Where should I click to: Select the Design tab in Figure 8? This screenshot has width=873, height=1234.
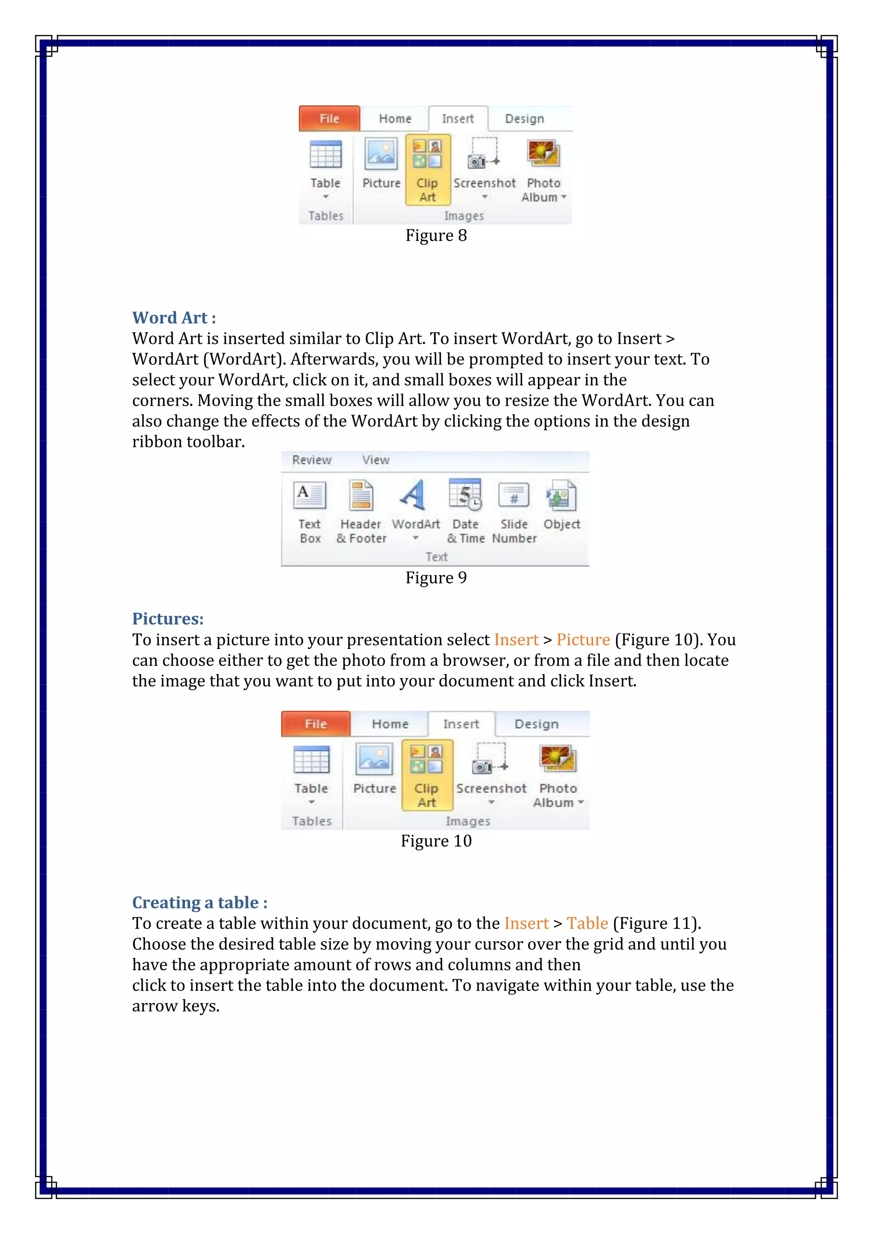(x=524, y=119)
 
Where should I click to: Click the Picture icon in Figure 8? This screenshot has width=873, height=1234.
(x=381, y=154)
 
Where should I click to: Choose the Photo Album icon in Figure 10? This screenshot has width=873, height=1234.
(x=558, y=759)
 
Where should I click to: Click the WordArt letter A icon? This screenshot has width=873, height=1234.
(x=413, y=494)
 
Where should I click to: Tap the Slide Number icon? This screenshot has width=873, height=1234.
(x=514, y=495)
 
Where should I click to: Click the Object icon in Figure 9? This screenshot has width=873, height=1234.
(x=561, y=495)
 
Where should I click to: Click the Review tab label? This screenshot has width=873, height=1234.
(x=312, y=460)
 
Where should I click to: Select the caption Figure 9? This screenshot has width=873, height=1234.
(x=436, y=578)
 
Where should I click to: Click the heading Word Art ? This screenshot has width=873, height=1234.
(x=173, y=317)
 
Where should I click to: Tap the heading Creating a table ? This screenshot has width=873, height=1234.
(x=199, y=902)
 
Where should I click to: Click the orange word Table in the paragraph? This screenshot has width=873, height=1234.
(x=587, y=923)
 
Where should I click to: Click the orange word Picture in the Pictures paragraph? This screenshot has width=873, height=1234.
(x=583, y=640)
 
